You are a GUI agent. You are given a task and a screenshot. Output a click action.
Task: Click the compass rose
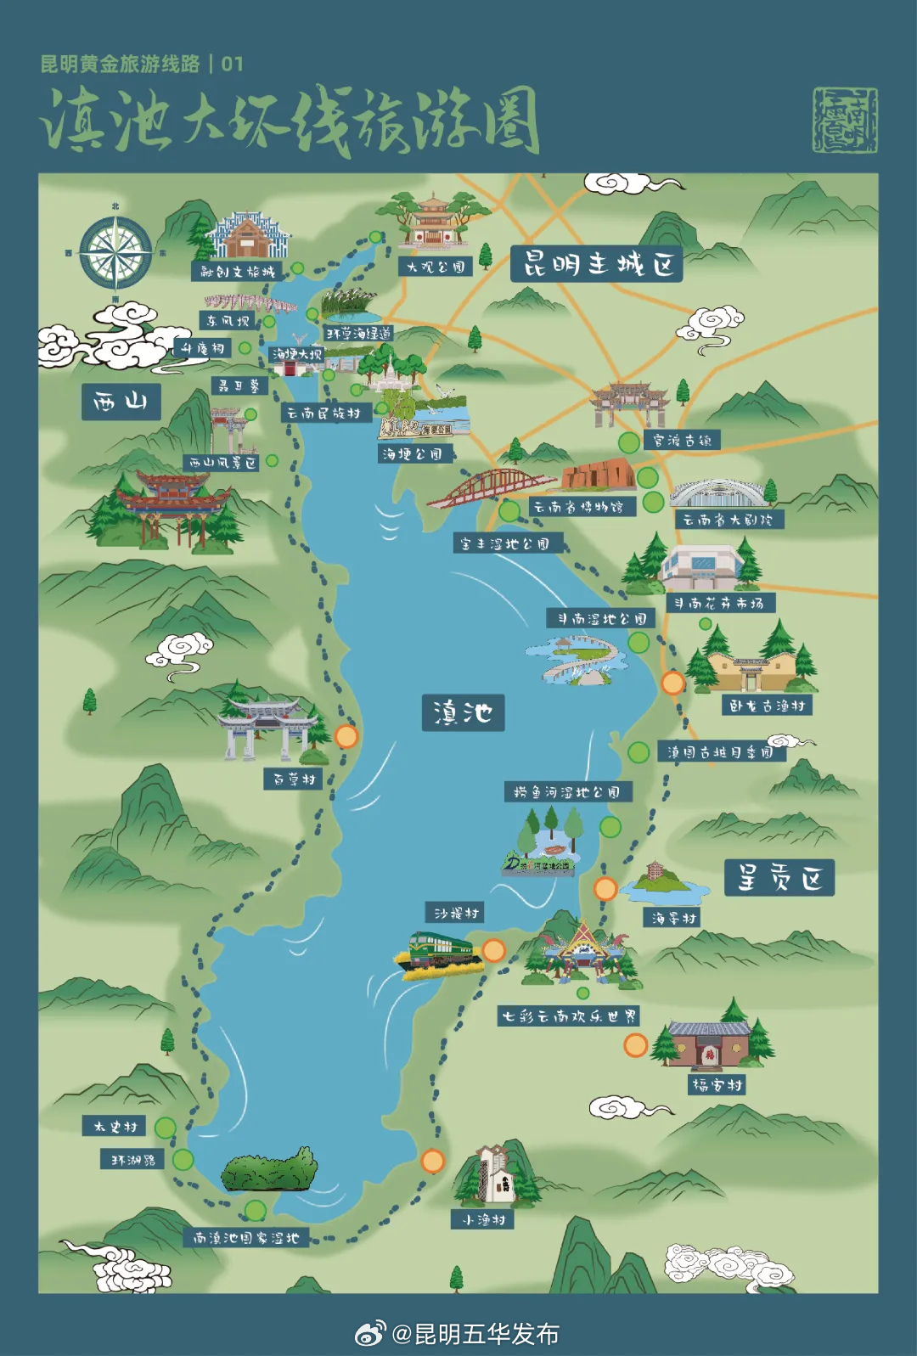coord(115,252)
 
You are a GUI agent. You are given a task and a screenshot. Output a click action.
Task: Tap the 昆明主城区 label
coord(597,264)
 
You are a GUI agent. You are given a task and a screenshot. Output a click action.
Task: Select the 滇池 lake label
coord(463,712)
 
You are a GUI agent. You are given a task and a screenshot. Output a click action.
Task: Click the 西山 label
coord(121,402)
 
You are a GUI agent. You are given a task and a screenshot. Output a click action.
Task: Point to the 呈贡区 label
coord(779,877)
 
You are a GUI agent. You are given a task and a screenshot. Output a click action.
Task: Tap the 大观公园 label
coord(435,267)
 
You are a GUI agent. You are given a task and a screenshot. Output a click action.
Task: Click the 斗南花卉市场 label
coord(720,603)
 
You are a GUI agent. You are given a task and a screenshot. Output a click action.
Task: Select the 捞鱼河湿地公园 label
coord(567,792)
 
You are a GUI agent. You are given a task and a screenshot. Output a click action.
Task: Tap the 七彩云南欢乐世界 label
coord(568,1016)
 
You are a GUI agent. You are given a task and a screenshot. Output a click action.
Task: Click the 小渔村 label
coord(482,1219)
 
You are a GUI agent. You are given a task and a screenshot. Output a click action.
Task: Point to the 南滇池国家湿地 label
coord(246,1238)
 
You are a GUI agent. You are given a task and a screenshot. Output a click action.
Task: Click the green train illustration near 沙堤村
coord(439,955)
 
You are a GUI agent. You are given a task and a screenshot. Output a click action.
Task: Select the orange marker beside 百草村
coord(346,736)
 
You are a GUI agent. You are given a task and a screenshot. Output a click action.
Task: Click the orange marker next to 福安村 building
coord(635,1045)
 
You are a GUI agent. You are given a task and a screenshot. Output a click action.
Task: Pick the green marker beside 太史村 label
coord(166,1128)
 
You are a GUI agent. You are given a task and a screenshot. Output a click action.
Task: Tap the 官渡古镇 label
coord(682,440)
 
